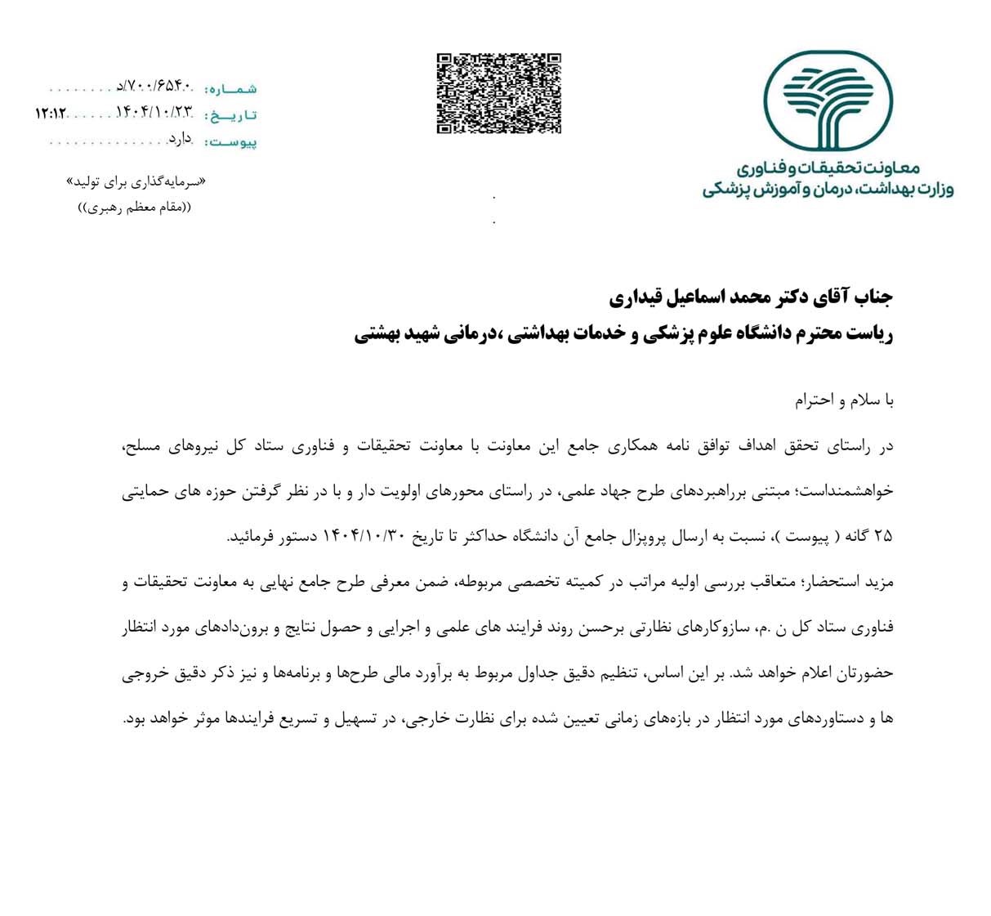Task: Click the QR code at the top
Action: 498,93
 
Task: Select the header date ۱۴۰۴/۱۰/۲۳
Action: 154,113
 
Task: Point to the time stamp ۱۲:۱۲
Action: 50,113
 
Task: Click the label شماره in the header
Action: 230,88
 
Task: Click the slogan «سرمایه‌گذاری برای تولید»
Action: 134,181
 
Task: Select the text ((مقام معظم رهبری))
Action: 134,207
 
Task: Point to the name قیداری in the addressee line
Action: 640,297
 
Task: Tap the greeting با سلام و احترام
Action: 845,401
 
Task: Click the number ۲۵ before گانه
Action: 883,538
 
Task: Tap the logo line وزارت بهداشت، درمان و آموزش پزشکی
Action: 828,190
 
